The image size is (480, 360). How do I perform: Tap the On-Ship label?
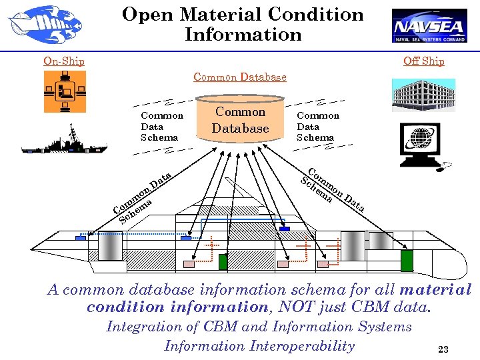click(x=64, y=61)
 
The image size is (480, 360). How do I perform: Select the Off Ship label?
click(x=423, y=61)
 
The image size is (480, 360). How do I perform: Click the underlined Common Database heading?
click(x=240, y=77)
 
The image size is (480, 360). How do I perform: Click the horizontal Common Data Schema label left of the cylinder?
click(x=162, y=126)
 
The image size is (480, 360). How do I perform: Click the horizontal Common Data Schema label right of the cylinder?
click(x=317, y=126)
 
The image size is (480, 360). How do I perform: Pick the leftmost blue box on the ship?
click(x=80, y=237)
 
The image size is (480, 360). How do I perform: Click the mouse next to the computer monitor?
click(x=444, y=164)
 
